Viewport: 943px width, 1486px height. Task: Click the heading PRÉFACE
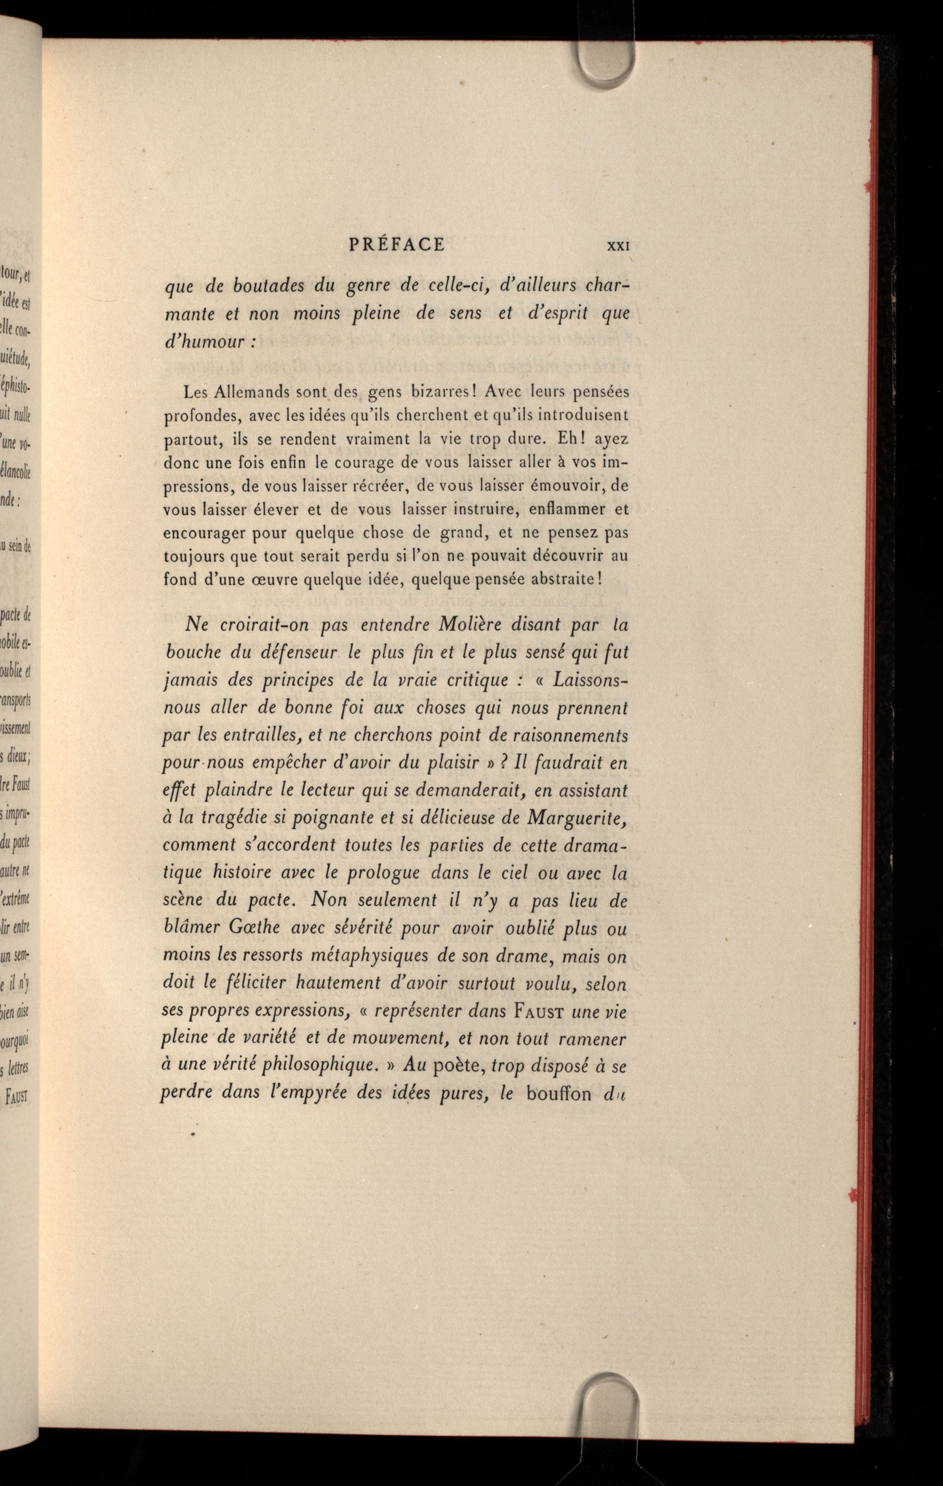point(396,245)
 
